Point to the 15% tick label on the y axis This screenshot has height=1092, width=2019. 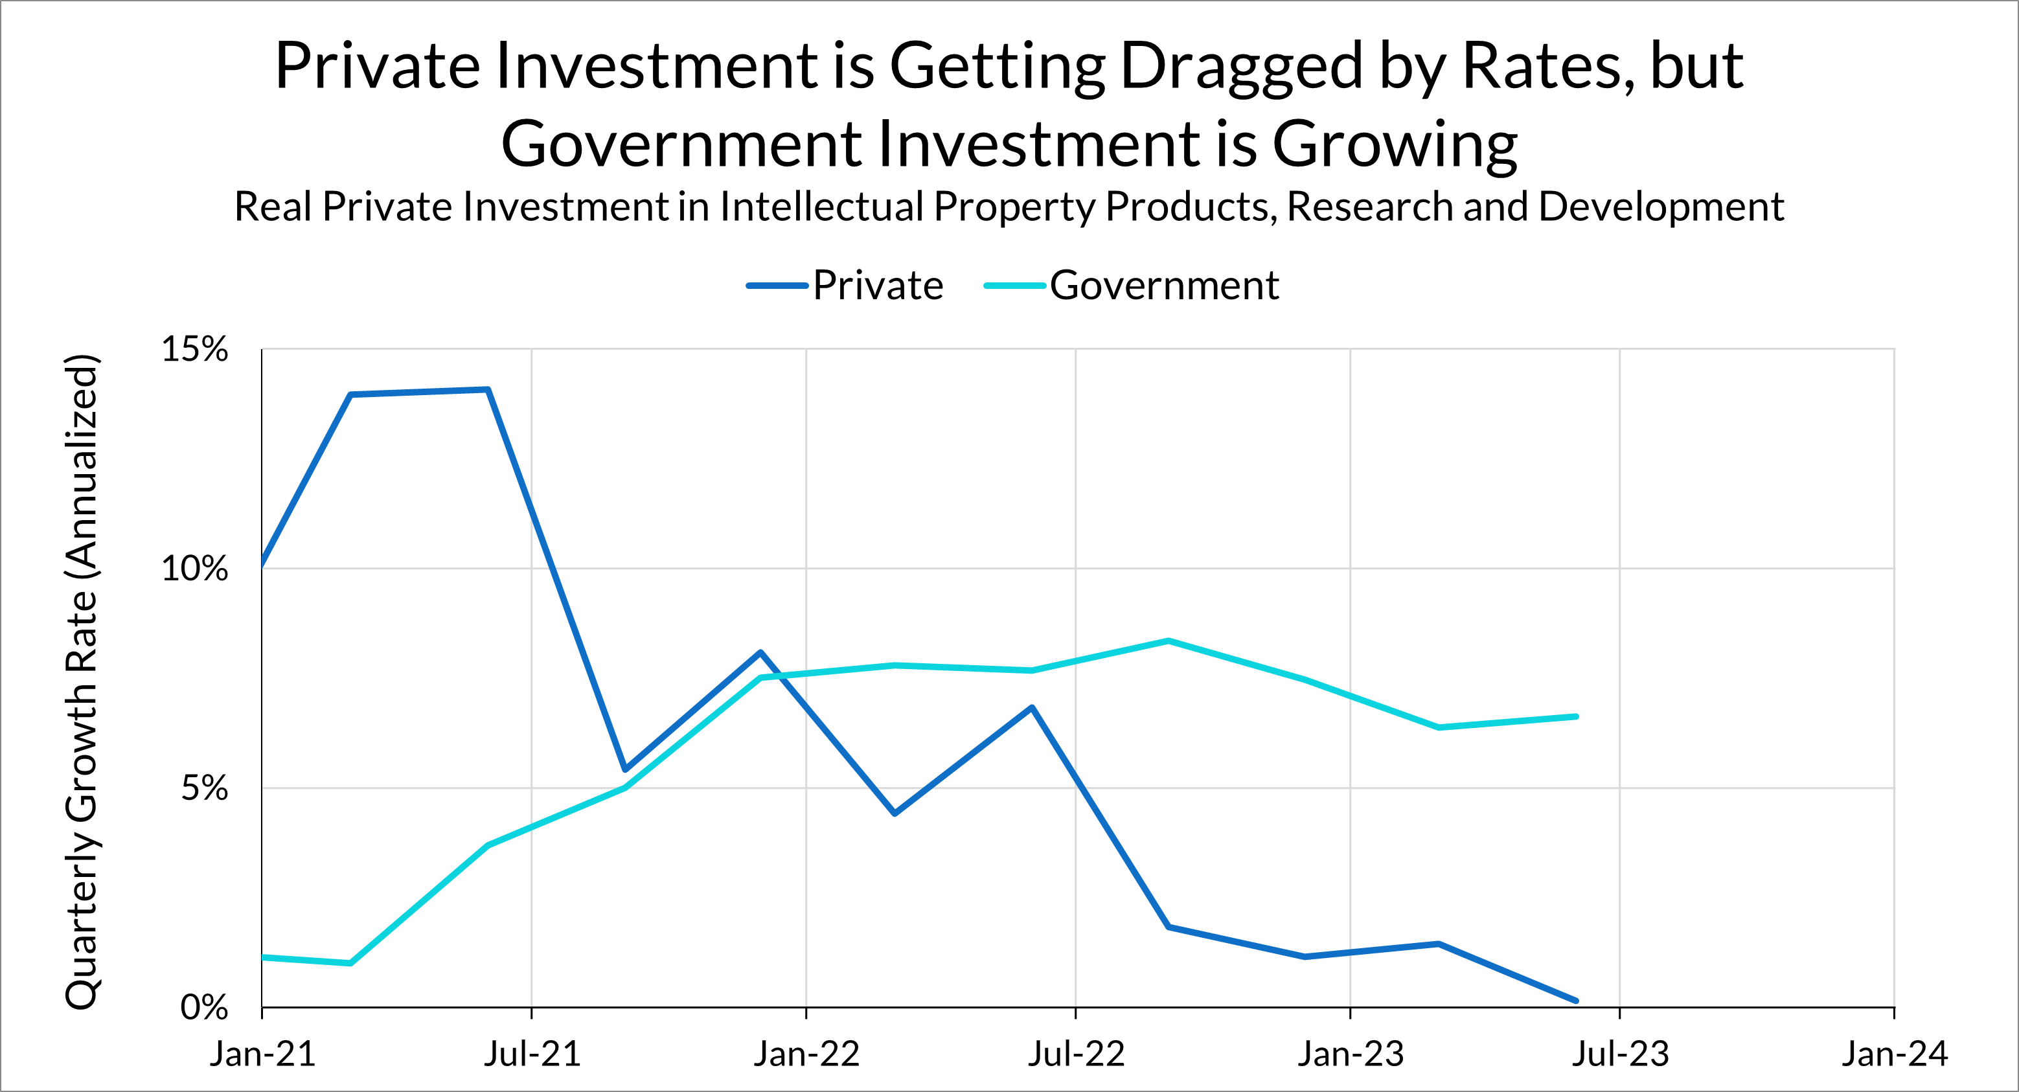(194, 349)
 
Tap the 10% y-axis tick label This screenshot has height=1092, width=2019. (194, 568)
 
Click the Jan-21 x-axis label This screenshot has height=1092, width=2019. (262, 1054)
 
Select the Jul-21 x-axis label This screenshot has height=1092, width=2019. (532, 1054)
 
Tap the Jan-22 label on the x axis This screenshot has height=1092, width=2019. (806, 1054)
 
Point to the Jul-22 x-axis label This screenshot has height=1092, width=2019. (1076, 1054)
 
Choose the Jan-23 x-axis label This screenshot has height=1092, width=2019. (1351, 1054)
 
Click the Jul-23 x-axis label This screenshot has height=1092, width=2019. (1620, 1054)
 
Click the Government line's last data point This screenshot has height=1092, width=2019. (1576, 716)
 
